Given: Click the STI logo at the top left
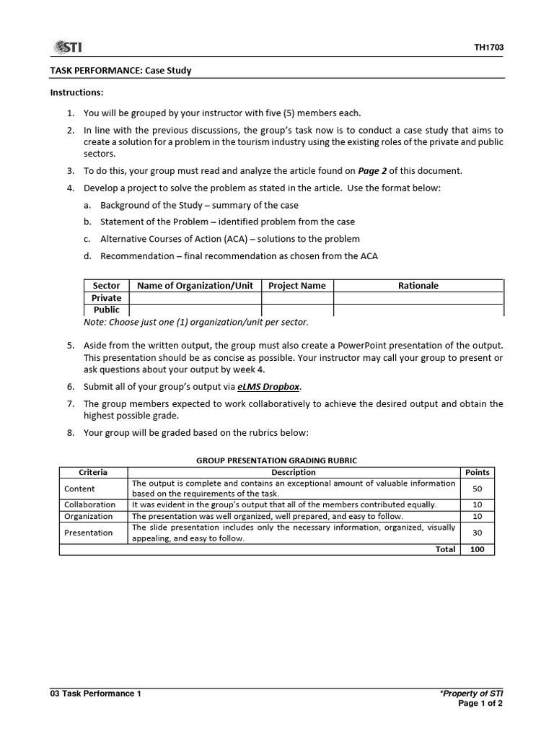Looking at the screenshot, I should click(x=67, y=48).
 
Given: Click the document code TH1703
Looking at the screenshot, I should click(x=488, y=48).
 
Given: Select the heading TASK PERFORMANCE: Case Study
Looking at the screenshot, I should click(x=120, y=71).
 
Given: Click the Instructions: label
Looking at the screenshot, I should click(x=76, y=93).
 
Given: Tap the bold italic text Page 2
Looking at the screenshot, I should click(x=372, y=171).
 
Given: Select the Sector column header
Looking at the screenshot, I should click(x=107, y=286).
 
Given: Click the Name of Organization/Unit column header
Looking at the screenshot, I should click(x=195, y=286).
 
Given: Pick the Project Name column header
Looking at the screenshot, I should click(x=296, y=286).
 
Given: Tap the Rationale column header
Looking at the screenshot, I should click(x=418, y=286).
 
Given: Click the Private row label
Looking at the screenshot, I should click(x=107, y=298).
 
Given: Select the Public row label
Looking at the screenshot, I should click(x=107, y=310).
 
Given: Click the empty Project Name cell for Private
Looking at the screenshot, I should click(x=296, y=298).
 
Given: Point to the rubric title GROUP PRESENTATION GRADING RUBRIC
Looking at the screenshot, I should click(x=277, y=460).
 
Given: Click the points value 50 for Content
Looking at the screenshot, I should click(x=477, y=489).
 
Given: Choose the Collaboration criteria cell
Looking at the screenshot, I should click(x=89, y=504).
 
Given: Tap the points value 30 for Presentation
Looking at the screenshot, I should click(x=477, y=533).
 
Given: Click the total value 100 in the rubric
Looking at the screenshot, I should click(x=477, y=549).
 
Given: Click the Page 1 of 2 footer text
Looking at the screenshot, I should click(x=480, y=704).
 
